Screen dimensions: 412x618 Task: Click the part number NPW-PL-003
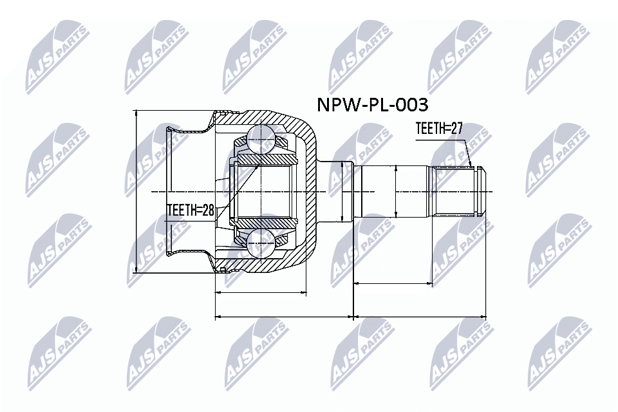[370, 104]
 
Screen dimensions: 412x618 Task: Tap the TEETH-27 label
[439, 129]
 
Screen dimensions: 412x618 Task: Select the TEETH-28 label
[190, 210]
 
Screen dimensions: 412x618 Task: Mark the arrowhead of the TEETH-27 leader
[471, 165]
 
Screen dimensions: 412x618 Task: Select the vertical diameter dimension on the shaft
[396, 192]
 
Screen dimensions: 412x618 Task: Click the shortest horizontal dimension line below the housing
[261, 293]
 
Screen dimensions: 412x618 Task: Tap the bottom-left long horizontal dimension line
[283, 317]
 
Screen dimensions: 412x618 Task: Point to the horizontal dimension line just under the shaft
[393, 283]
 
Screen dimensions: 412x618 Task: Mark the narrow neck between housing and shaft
[336, 192]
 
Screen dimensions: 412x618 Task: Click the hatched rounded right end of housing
[309, 192]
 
